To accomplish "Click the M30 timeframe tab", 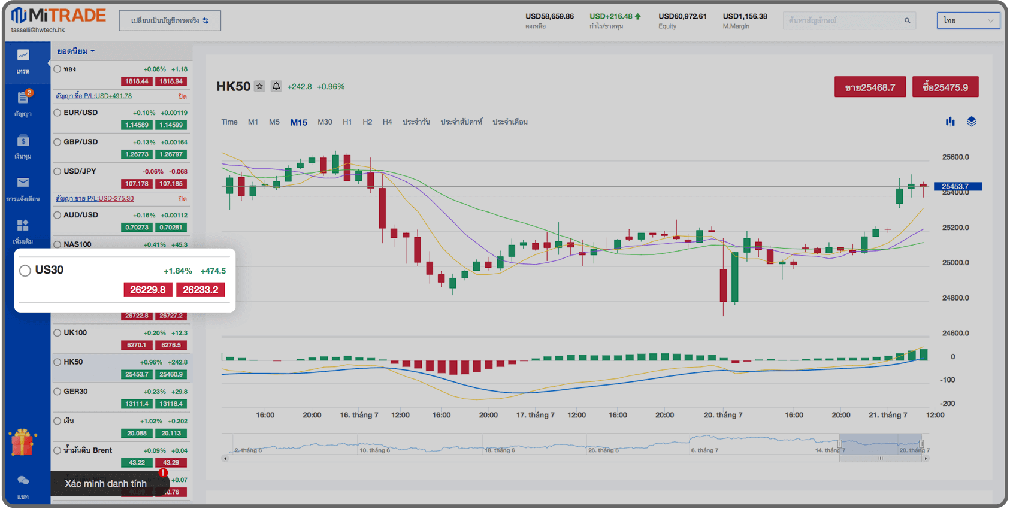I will pyautogui.click(x=325, y=122).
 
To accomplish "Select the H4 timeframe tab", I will pyautogui.click(x=387, y=122).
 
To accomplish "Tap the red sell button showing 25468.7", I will pyautogui.click(x=870, y=87).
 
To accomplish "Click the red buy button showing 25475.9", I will pyautogui.click(x=945, y=87).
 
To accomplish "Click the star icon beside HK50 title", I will pyautogui.click(x=259, y=86).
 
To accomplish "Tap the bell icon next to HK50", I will pyautogui.click(x=276, y=86).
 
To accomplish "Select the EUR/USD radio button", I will pyautogui.click(x=58, y=113).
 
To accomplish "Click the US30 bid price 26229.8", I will pyautogui.click(x=148, y=290).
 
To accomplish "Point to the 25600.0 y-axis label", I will pyautogui.click(x=955, y=157).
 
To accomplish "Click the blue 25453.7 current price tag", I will pyautogui.click(x=957, y=186).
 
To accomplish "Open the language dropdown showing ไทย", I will pyautogui.click(x=968, y=20).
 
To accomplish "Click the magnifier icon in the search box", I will pyautogui.click(x=907, y=20).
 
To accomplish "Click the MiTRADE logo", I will pyautogui.click(x=59, y=16).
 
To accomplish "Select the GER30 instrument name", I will pyautogui.click(x=75, y=392).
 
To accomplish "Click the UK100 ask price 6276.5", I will pyautogui.click(x=171, y=345).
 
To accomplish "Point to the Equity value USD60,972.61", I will pyautogui.click(x=682, y=16).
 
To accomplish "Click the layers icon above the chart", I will pyautogui.click(x=972, y=122).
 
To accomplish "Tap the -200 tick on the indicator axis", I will pyautogui.click(x=947, y=404).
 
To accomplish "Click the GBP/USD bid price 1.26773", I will pyautogui.click(x=137, y=154).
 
